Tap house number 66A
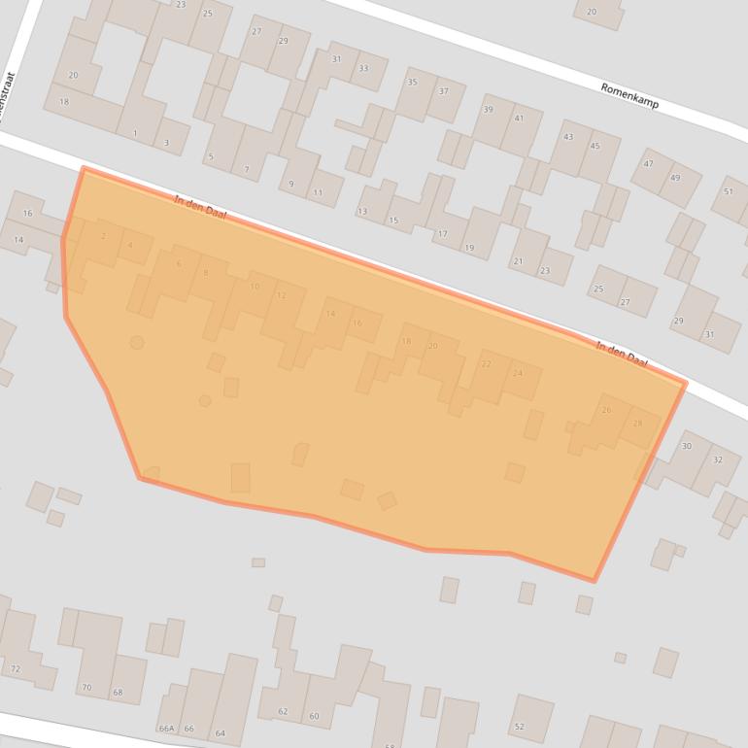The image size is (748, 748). pos(166,729)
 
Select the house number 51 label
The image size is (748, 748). pos(729,191)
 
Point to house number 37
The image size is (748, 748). pos(444,91)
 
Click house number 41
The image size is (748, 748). pos(519,119)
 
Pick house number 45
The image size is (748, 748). pos(595,146)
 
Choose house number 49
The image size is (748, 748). pos(674,177)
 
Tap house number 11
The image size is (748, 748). pos(318,192)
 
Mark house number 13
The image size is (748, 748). pos(362,211)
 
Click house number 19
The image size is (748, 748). pos(469,249)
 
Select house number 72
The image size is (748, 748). pos(15,669)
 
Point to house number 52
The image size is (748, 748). pos(519,727)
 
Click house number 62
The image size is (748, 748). pos(283,712)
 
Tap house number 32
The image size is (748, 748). pos(718,459)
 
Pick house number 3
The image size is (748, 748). pos(166,144)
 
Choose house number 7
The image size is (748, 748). pos(247,170)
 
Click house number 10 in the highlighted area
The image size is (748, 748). pos(255,287)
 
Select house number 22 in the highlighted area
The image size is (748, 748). pos(486,364)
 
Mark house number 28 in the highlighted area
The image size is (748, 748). pos(637,423)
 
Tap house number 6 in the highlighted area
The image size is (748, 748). pos(179,263)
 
